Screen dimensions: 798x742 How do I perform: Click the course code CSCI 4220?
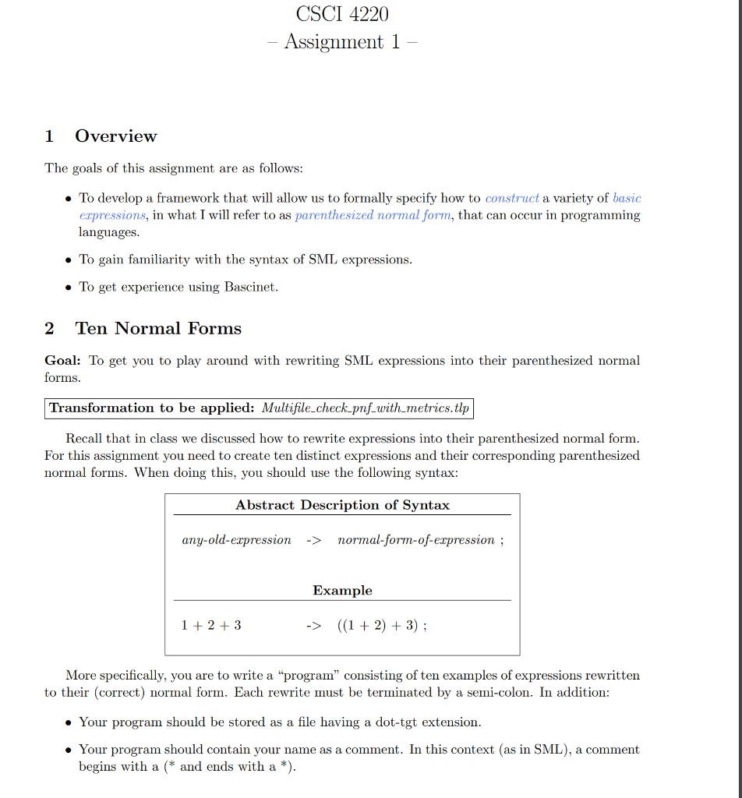342,13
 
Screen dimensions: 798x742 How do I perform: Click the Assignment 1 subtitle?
342,41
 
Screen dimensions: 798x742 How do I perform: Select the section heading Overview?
115,136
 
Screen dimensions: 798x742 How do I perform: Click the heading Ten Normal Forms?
157,328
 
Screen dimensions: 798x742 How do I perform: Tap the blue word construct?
512,198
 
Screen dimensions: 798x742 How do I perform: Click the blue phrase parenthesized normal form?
373,215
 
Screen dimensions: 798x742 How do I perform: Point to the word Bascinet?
251,287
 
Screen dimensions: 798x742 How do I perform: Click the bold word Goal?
62,361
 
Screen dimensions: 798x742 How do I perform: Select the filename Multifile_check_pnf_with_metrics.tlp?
366,408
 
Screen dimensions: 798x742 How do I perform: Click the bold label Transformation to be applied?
152,408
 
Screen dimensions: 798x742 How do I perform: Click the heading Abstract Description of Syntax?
342,505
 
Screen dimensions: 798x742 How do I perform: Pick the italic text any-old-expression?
236,540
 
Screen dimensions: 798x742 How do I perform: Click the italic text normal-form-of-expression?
416,540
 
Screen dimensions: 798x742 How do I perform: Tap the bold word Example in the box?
342,591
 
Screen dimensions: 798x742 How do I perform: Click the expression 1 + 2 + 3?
211,625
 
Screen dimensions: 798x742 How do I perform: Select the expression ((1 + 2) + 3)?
379,625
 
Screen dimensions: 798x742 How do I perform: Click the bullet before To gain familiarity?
69,260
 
